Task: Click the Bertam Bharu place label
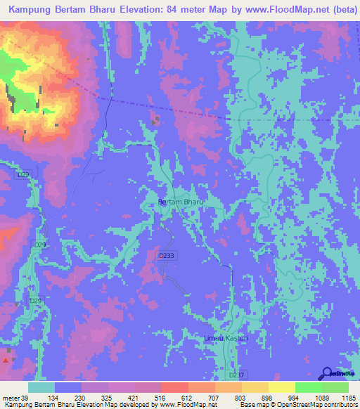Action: click(x=181, y=202)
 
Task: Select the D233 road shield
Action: click(x=167, y=256)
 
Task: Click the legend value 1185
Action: click(x=349, y=397)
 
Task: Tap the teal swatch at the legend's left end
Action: click(x=41, y=387)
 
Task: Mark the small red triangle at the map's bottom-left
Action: click(x=6, y=359)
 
